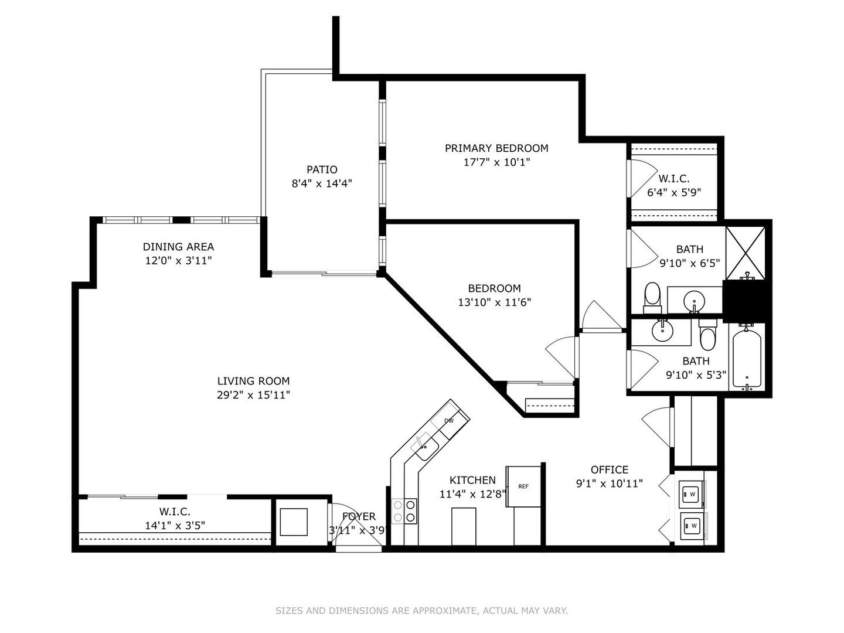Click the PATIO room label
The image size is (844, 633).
pyautogui.click(x=322, y=169)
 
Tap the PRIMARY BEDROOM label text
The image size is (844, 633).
pyautogui.click(x=496, y=148)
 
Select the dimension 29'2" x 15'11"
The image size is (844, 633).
pyautogui.click(x=253, y=395)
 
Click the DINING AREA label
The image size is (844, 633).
pyautogui.click(x=178, y=247)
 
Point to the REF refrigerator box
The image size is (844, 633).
pyautogui.click(x=523, y=486)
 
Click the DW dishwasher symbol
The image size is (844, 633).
pyautogui.click(x=450, y=420)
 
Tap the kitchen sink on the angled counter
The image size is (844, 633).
pyautogui.click(x=426, y=449)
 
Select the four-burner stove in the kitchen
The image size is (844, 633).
pyautogui.click(x=404, y=511)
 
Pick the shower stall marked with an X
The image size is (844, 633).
pyautogui.click(x=746, y=253)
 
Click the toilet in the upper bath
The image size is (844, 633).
pyautogui.click(x=652, y=298)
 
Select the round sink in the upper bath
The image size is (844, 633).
pyautogui.click(x=695, y=301)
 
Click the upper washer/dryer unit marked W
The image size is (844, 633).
pyautogui.click(x=692, y=494)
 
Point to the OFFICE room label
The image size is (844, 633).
pyautogui.click(x=610, y=469)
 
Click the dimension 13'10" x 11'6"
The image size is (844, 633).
pyautogui.click(x=494, y=302)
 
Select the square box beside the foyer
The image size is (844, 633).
pyautogui.click(x=294, y=522)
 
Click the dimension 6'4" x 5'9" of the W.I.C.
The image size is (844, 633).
pyautogui.click(x=674, y=192)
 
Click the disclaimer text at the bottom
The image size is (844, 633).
pyautogui.click(x=421, y=611)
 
